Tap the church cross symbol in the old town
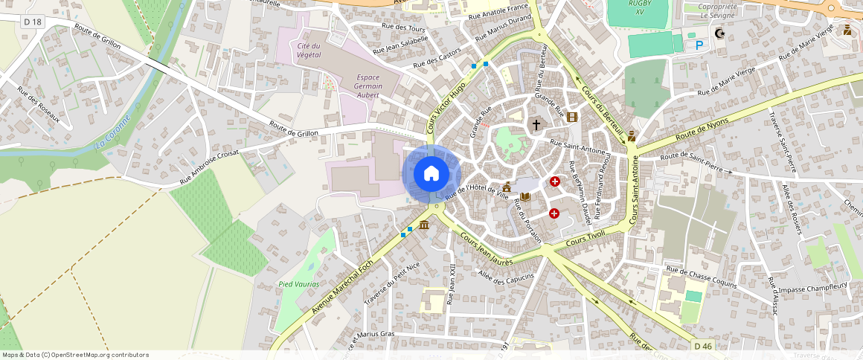point(535,125)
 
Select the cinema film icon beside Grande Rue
point(571,117)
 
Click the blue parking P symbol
point(699,45)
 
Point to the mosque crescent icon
point(719,33)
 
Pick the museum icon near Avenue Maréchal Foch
point(424,225)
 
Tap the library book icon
point(525,196)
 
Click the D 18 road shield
point(33,22)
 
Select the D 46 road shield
point(703,346)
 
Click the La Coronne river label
point(113,133)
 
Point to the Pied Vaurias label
point(298,284)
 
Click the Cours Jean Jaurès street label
point(487,250)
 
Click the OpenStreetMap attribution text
point(76,355)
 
